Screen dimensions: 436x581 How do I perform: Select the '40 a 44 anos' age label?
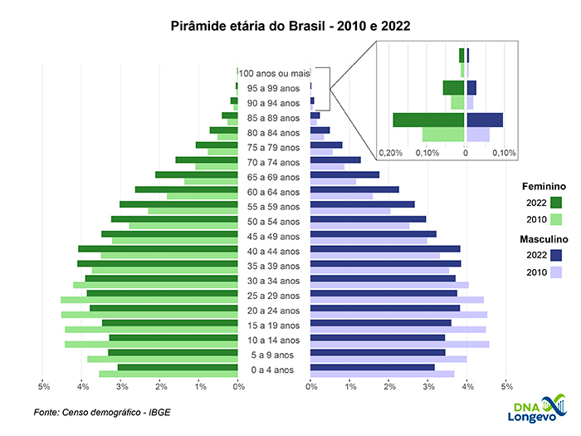pos(273,251)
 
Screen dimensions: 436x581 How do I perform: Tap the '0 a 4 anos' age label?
pos(273,370)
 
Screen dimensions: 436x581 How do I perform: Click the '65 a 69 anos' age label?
pos(273,177)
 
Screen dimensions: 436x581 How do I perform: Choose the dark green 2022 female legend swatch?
pos(556,203)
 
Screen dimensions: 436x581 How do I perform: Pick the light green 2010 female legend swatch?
pos(556,220)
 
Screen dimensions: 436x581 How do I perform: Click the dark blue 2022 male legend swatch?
pos(556,256)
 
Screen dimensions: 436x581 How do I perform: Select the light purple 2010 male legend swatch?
pos(556,273)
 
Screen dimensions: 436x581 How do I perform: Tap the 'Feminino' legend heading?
pos(543,187)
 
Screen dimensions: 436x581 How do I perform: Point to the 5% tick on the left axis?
pos(44,386)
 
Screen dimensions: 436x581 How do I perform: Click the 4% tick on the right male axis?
pos(468,386)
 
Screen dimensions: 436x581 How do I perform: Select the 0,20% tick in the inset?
pos(390,154)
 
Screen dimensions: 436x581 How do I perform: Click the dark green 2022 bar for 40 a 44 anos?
pos(158,248)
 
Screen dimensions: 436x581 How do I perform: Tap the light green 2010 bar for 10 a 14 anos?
pos(150,344)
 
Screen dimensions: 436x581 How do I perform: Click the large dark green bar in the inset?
pos(428,120)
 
